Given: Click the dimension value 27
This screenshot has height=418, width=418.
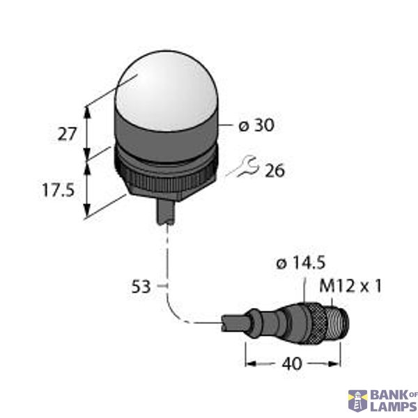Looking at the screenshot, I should click(x=67, y=133).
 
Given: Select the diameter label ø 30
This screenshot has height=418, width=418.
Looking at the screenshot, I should click(x=256, y=125).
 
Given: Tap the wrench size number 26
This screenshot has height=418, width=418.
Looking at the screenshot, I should click(x=275, y=170).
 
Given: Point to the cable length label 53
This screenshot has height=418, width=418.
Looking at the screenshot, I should click(x=141, y=286).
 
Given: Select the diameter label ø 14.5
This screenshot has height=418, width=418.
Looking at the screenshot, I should click(x=302, y=263).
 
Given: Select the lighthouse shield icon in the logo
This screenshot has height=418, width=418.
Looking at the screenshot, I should click(x=357, y=401).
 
